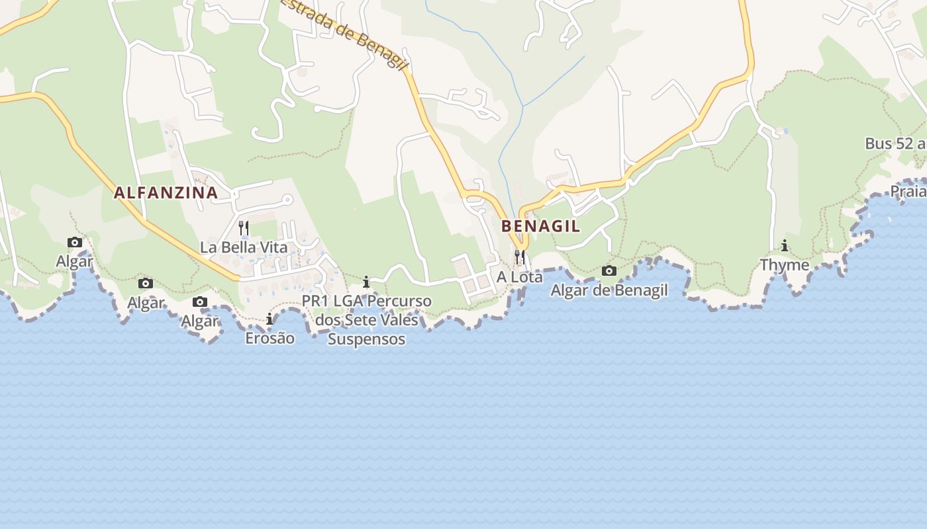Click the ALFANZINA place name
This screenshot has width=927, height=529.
tap(166, 192)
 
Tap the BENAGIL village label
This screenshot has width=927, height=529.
tap(540, 226)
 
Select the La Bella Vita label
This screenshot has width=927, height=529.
tap(244, 248)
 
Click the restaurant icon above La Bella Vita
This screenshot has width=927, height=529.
tap(244, 228)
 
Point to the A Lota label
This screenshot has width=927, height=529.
tap(520, 277)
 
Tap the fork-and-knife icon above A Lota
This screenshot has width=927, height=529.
tap(520, 256)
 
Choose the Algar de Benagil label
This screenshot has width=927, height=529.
tap(609, 290)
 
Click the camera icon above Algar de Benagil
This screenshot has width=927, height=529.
tap(609, 270)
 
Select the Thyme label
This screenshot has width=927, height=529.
tap(785, 265)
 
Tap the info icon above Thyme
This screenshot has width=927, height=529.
tap(785, 246)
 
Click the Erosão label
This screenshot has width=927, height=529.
tap(269, 338)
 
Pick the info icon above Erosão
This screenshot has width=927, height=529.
tap(269, 319)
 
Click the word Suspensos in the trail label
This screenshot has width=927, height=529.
tap(366, 339)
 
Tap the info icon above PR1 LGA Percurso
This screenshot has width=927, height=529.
tap(366, 282)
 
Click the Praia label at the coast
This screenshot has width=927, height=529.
tap(908, 192)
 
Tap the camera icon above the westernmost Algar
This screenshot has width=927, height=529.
tap(75, 243)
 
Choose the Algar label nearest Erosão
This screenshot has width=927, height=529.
tap(200, 321)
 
